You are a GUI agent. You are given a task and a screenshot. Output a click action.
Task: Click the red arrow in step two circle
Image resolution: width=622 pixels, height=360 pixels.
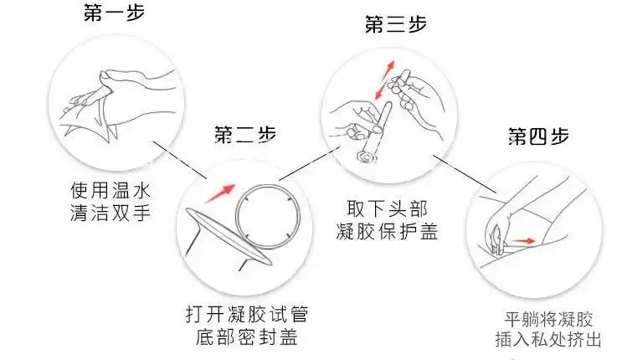(x=219, y=191)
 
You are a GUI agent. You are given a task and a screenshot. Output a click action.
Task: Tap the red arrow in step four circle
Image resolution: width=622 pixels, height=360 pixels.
(x=524, y=242)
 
